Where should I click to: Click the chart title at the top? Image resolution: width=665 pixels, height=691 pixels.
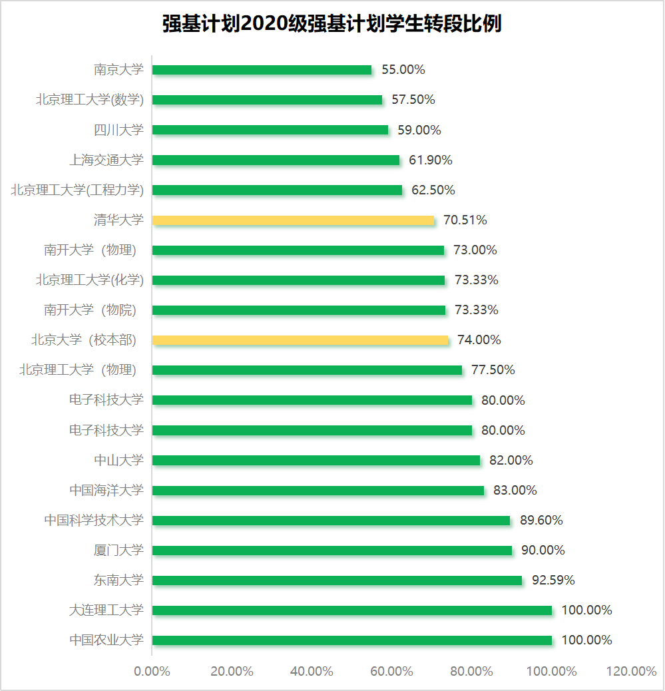click(332, 24)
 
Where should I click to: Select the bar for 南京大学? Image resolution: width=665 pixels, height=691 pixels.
click(262, 70)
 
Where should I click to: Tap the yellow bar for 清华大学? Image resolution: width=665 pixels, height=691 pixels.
click(293, 220)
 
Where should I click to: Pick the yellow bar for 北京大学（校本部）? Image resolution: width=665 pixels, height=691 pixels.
click(300, 340)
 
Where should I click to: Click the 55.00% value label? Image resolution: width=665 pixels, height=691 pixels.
click(403, 70)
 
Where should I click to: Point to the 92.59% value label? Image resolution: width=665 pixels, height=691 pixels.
click(553, 580)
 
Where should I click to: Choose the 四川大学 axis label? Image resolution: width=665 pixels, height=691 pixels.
click(118, 130)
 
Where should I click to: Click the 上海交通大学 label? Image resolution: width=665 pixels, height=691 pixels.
click(107, 160)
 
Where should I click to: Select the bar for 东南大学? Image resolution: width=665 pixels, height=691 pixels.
click(337, 580)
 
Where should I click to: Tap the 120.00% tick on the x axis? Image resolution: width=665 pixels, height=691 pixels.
click(631, 671)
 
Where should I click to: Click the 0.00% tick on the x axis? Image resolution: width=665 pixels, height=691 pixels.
click(152, 671)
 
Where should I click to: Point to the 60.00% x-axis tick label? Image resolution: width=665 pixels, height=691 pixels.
click(391, 671)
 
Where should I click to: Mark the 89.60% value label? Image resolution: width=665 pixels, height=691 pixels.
click(541, 521)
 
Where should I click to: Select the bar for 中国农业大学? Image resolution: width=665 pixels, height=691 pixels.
click(352, 640)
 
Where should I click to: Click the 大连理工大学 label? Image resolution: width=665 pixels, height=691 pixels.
click(107, 610)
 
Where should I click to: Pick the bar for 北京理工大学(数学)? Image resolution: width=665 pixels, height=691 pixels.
click(267, 100)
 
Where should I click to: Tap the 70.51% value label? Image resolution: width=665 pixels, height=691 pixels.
click(465, 220)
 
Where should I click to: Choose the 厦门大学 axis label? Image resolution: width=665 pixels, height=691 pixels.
click(118, 551)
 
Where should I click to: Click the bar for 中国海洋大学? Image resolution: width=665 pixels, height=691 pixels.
click(318, 491)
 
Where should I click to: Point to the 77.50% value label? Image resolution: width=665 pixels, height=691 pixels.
click(493, 370)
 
